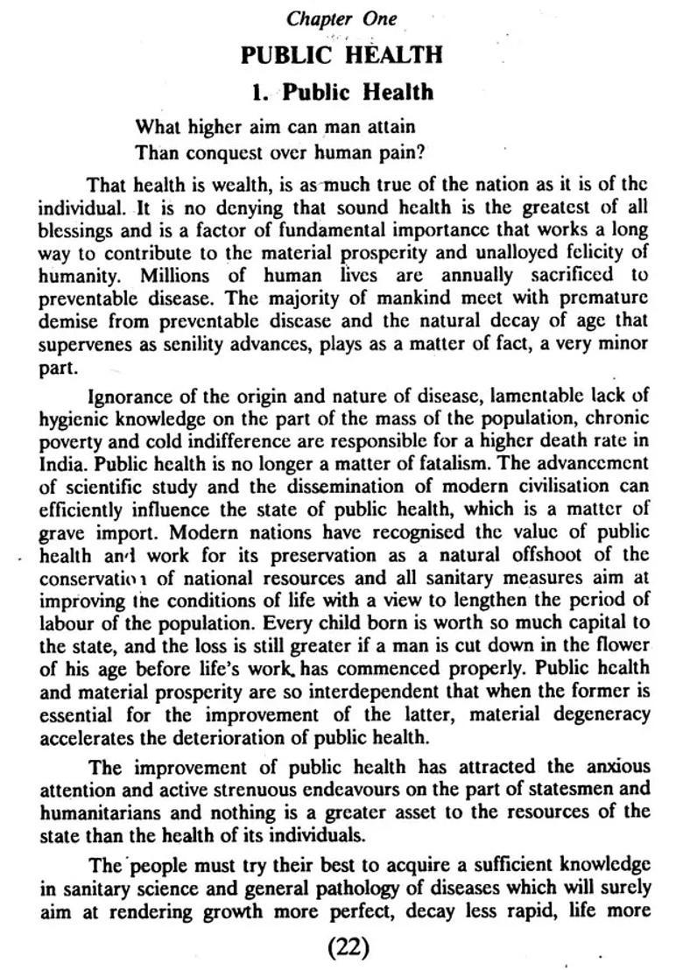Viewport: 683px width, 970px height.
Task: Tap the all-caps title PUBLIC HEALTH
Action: point(342,54)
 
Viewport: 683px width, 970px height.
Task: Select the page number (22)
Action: point(349,945)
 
